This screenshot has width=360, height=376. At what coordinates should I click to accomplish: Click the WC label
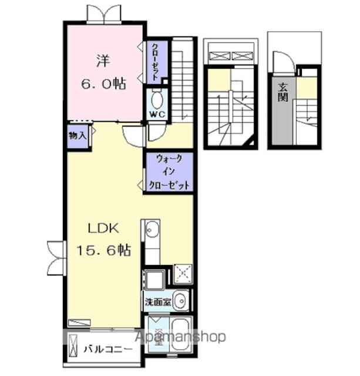157,114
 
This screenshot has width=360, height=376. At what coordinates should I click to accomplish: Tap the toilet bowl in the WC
157,99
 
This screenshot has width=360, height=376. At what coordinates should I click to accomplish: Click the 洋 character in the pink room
103,61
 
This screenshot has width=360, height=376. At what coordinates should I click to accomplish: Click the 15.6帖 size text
103,250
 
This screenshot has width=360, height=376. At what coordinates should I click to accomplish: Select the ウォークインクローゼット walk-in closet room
169,172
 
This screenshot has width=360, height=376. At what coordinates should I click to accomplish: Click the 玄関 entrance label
283,92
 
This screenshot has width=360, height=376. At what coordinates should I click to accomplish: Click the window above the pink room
105,14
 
